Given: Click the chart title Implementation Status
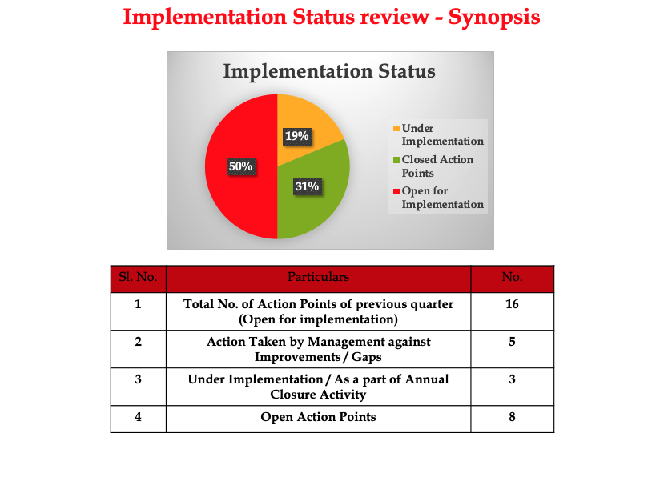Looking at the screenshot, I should [x=329, y=71].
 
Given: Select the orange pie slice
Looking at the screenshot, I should [x=308, y=120].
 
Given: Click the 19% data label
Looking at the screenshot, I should [x=297, y=136].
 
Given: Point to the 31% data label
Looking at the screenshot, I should [x=307, y=186].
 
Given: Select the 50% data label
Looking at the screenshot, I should [x=241, y=166].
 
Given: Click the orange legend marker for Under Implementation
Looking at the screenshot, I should [x=396, y=128].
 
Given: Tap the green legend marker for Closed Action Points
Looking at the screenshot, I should [x=396, y=159].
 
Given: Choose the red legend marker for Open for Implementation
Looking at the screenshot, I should [x=396, y=190].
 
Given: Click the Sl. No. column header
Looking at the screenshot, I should [x=138, y=278].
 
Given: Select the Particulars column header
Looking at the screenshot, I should [x=318, y=278].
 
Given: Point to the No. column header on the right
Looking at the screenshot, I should [x=512, y=278].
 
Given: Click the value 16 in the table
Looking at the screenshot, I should [x=512, y=304].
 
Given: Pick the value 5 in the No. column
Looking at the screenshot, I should [x=512, y=341].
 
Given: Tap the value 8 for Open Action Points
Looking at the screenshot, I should [x=512, y=416].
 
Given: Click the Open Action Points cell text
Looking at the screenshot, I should [x=318, y=416].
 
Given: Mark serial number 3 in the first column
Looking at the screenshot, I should [x=138, y=379].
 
